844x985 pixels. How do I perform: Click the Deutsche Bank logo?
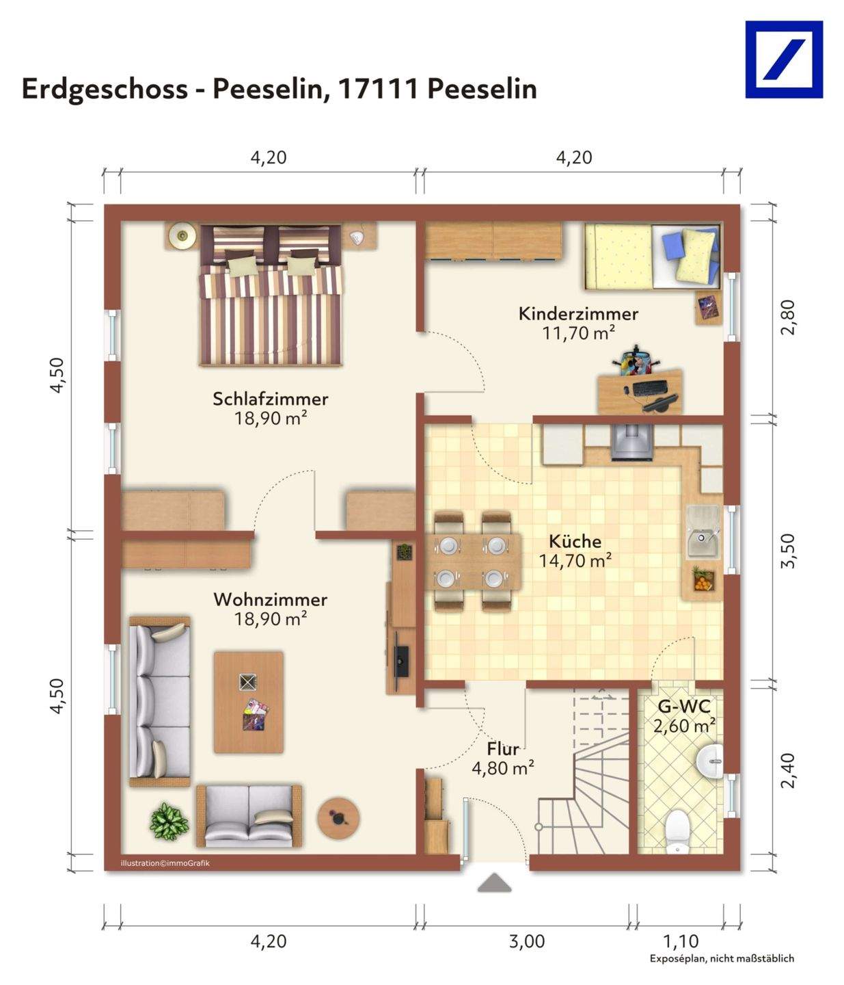tap(784, 60)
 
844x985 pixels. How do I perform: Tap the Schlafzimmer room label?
tap(271, 399)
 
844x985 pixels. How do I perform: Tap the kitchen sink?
tap(703, 531)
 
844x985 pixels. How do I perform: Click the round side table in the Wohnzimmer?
tap(338, 818)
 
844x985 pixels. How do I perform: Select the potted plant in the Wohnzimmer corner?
tap(169, 821)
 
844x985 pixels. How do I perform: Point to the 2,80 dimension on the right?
tap(788, 317)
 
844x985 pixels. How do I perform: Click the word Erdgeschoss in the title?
tap(105, 89)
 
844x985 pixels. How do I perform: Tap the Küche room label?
tap(575, 541)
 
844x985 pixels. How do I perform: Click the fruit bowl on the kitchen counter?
tap(704, 580)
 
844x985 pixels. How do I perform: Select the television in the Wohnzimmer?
tap(401, 661)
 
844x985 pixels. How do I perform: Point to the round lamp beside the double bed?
tap(182, 235)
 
